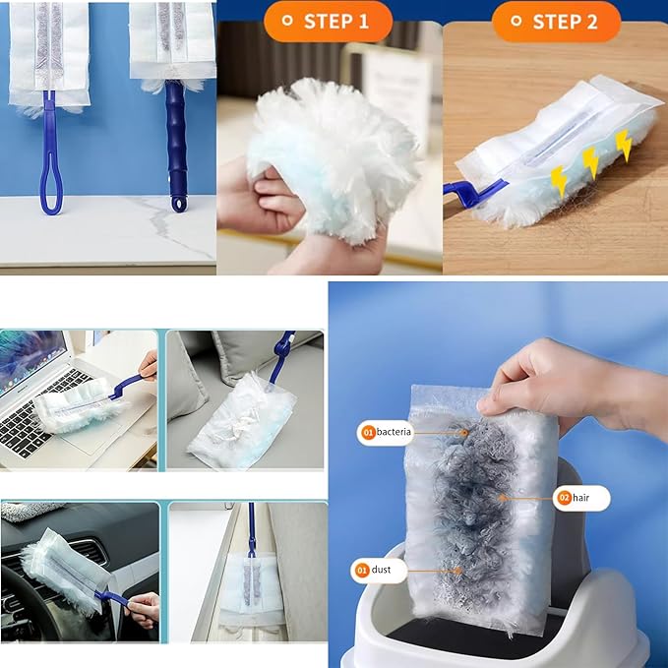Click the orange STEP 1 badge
point(328,21)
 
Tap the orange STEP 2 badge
point(556,21)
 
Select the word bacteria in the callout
point(393,432)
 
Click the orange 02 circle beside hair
point(565,499)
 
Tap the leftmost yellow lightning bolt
point(559,180)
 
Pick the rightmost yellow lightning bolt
point(624,146)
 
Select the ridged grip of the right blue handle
point(176,138)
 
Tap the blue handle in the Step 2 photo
point(474,190)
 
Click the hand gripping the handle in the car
point(143,605)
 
